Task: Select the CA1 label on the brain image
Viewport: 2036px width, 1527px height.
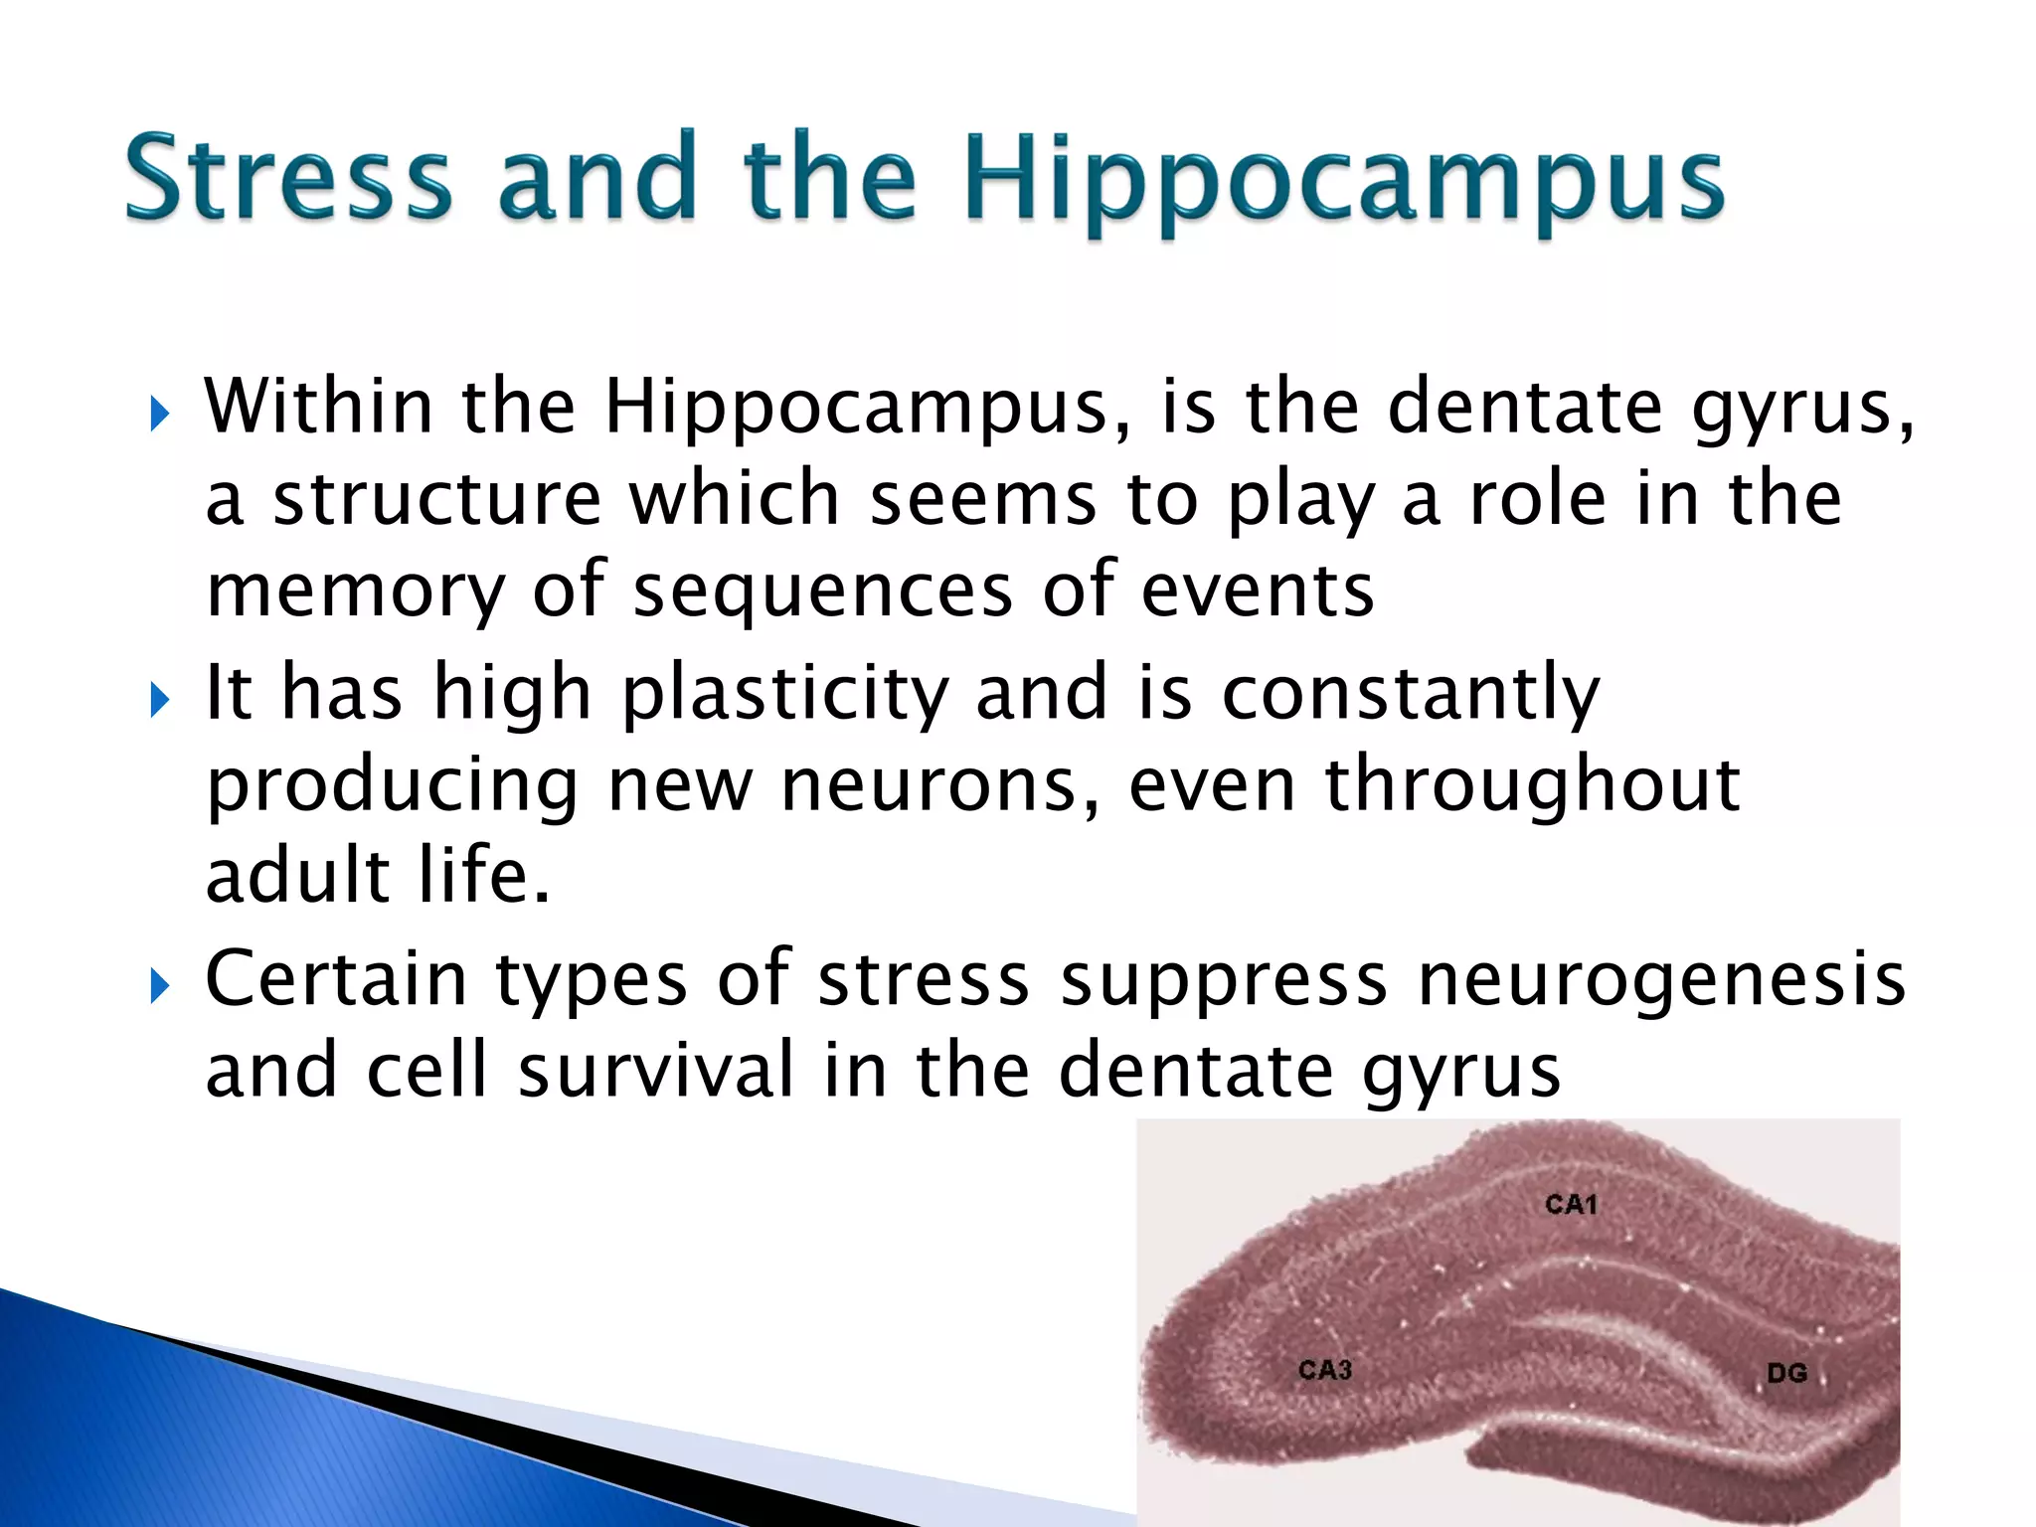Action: point(1571,1205)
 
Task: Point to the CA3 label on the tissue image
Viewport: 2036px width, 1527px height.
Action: point(1325,1370)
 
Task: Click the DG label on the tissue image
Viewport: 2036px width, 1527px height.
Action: point(1786,1374)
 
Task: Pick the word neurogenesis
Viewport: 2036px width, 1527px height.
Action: point(1661,981)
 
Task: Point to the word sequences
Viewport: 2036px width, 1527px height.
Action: point(823,593)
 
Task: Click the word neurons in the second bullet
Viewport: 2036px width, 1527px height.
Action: point(940,785)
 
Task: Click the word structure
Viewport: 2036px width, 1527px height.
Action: point(437,499)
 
